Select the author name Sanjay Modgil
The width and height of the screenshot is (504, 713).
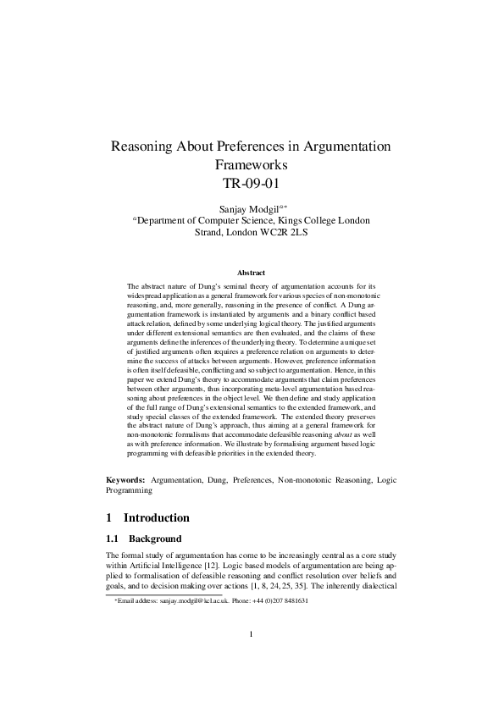point(246,206)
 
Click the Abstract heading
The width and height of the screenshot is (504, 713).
point(252,273)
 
